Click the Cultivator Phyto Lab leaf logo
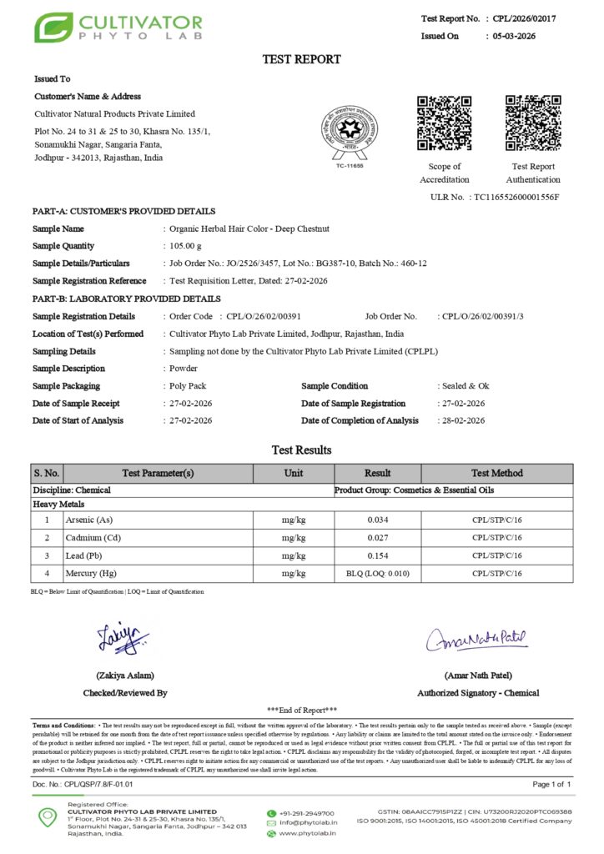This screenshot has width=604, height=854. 53,28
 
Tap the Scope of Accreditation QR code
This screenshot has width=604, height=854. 444,123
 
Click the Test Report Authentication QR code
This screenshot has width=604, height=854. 533,123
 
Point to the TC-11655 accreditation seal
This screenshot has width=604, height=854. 349,136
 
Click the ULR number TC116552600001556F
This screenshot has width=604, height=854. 516,197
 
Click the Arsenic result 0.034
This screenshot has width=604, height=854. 377,520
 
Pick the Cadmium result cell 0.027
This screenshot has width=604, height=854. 377,538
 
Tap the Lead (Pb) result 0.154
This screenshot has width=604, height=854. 377,555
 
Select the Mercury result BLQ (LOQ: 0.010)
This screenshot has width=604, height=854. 377,573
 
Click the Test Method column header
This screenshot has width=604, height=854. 496,473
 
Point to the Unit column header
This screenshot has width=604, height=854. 294,473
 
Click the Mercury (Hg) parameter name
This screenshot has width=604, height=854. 91,573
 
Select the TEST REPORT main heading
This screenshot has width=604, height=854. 302,59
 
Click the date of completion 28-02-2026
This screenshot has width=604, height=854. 462,420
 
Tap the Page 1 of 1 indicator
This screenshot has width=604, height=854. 551,785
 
